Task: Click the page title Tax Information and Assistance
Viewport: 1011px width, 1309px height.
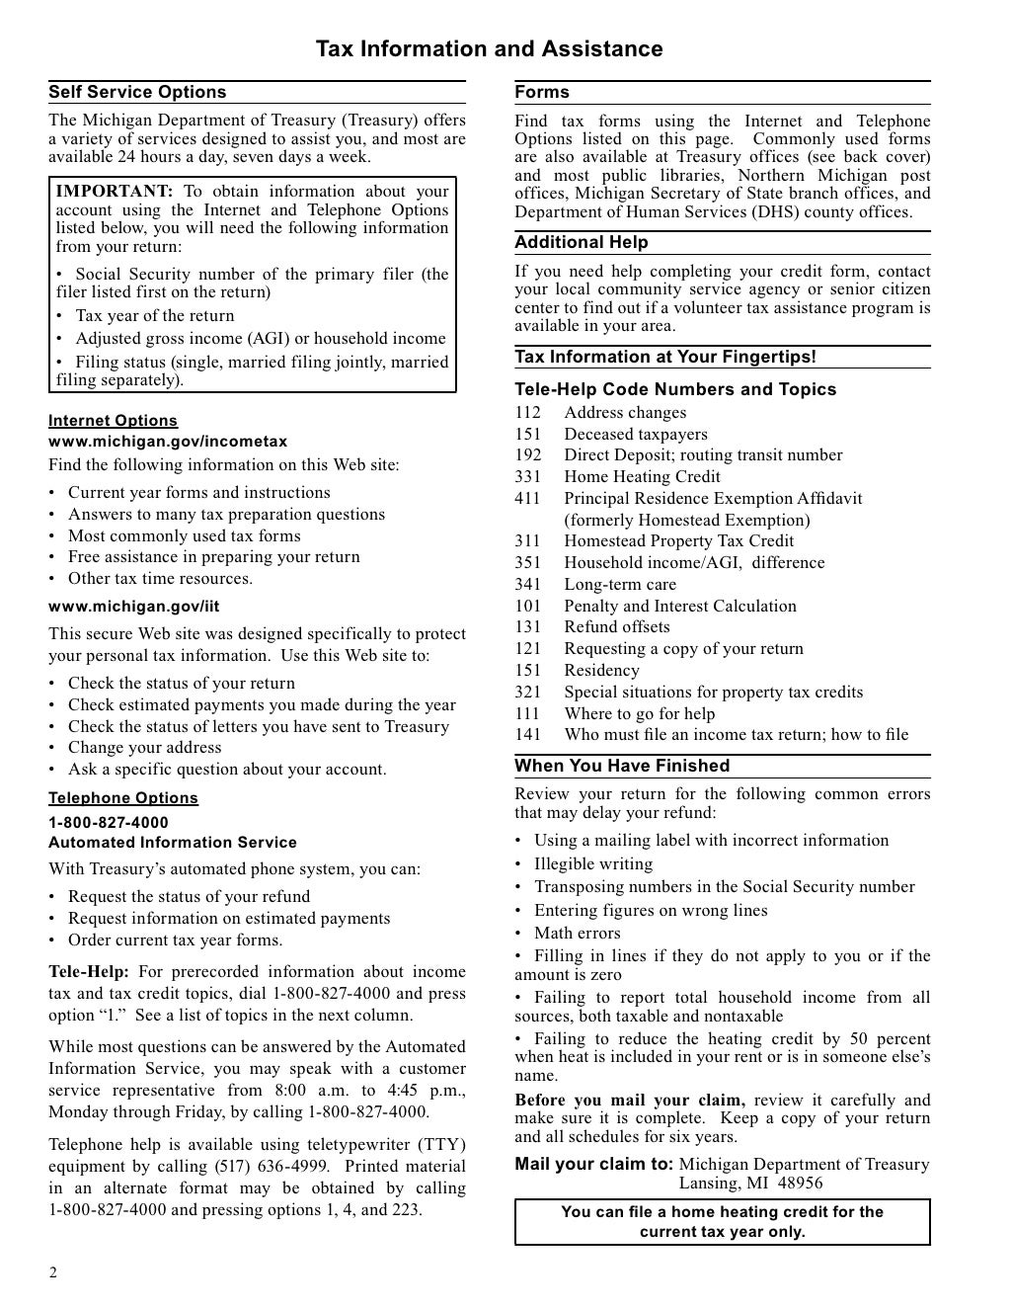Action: (489, 49)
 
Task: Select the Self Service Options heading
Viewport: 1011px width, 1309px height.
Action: (137, 92)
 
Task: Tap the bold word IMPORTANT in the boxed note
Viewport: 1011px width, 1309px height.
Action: (115, 192)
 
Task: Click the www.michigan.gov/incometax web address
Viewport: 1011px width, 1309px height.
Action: (168, 442)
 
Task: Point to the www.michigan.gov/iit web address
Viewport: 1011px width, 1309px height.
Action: (134, 607)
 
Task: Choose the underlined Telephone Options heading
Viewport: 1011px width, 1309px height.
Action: (123, 798)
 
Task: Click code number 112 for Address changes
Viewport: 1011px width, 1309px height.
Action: (527, 413)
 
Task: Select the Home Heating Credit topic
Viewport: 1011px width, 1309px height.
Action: (642, 476)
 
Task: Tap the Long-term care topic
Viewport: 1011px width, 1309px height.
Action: (620, 584)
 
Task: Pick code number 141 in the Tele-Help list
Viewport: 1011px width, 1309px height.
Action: (527, 734)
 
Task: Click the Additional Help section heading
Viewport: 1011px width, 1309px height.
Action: (582, 242)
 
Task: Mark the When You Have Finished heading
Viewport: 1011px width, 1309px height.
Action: (622, 766)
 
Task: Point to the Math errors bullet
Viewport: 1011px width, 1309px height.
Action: (577, 933)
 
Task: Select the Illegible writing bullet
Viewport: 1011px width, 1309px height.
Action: (592, 863)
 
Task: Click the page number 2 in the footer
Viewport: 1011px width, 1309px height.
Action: (53, 1272)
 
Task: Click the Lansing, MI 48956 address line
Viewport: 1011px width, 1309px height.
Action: (750, 1183)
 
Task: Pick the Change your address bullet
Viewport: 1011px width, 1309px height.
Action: (144, 748)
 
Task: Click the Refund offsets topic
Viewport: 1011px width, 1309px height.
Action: (616, 626)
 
